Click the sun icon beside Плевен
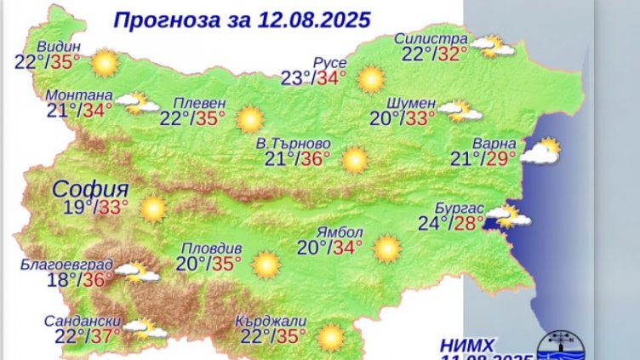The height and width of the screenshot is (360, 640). click(249, 118)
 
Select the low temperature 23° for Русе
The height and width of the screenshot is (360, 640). click(296, 79)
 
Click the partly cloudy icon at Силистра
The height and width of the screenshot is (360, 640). click(495, 45)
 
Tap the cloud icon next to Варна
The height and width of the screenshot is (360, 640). click(541, 151)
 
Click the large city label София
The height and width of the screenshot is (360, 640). click(89, 188)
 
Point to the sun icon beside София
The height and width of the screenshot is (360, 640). click(153, 209)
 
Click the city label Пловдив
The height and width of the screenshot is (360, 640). click(209, 248)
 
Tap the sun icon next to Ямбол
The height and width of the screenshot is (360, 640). click(387, 249)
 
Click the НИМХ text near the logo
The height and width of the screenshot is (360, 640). click(468, 345)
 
